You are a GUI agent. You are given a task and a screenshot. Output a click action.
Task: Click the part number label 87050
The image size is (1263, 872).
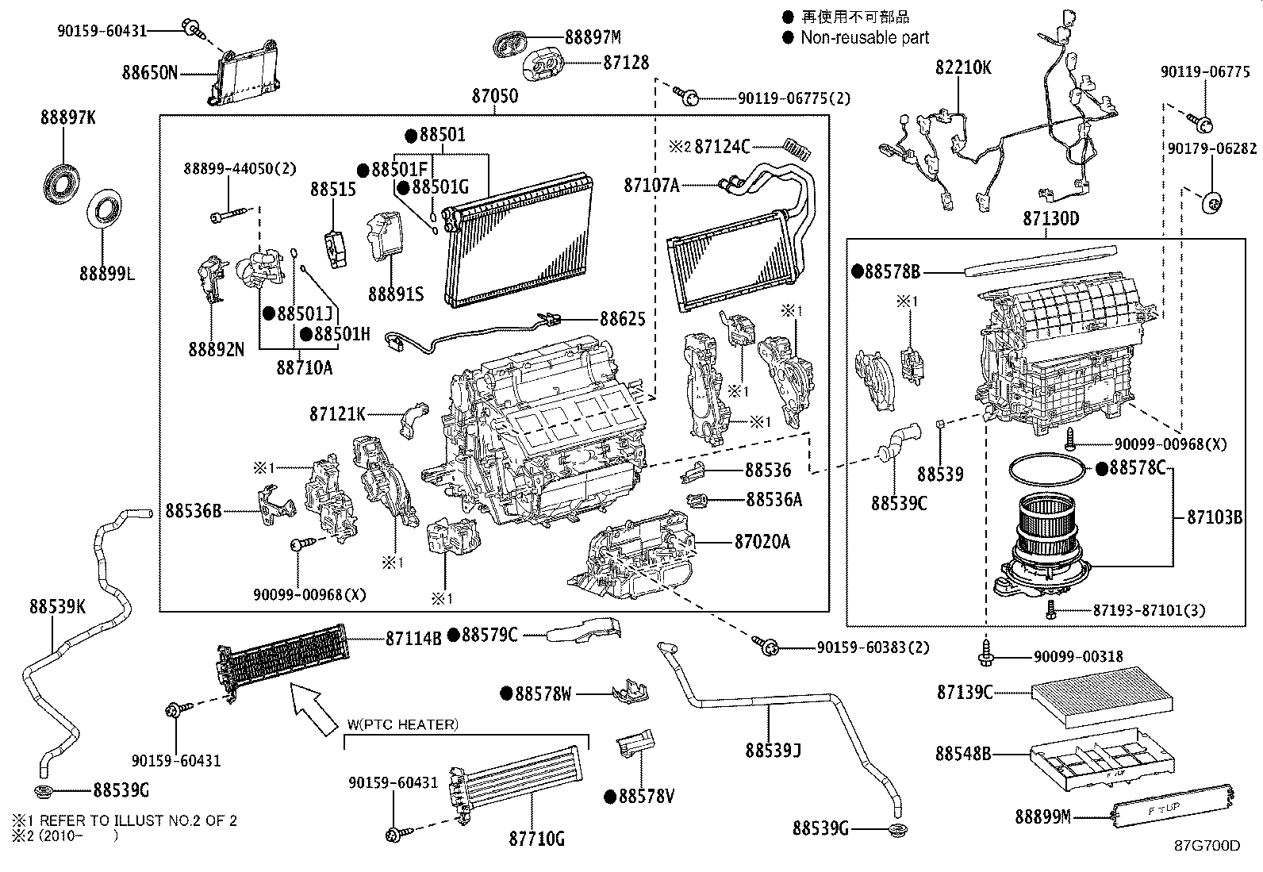tap(494, 96)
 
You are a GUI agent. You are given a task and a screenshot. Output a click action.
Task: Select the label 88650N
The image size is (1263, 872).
tap(149, 73)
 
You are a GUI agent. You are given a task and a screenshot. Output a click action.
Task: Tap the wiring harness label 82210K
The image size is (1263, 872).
tap(963, 67)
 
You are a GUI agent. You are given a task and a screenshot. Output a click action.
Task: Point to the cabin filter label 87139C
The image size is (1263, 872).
tap(964, 693)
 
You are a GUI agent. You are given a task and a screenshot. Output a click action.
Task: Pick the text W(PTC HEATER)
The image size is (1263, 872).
tap(403, 724)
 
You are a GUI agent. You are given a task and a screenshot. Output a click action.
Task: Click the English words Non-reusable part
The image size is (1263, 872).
tap(864, 37)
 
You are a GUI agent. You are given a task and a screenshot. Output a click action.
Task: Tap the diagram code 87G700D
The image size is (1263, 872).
tap(1207, 846)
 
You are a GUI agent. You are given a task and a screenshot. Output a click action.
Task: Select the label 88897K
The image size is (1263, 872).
tap(67, 117)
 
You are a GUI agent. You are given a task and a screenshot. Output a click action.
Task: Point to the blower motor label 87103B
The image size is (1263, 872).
tap(1214, 517)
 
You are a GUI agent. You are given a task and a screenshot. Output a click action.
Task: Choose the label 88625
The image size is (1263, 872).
tap(622, 319)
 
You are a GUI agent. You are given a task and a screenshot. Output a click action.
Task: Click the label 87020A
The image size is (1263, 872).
tap(762, 542)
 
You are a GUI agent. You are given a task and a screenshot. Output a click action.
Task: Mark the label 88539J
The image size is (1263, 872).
tap(773, 749)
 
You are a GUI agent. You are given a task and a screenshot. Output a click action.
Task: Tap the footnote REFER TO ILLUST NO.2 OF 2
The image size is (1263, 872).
tap(132, 820)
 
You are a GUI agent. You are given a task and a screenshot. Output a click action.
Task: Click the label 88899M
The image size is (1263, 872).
tap(1042, 816)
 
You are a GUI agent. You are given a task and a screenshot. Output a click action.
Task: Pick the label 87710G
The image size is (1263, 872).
tap(536, 839)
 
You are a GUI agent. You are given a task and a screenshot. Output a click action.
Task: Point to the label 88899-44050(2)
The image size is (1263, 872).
tap(228, 168)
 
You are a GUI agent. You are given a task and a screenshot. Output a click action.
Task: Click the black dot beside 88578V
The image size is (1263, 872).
tap(610, 797)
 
